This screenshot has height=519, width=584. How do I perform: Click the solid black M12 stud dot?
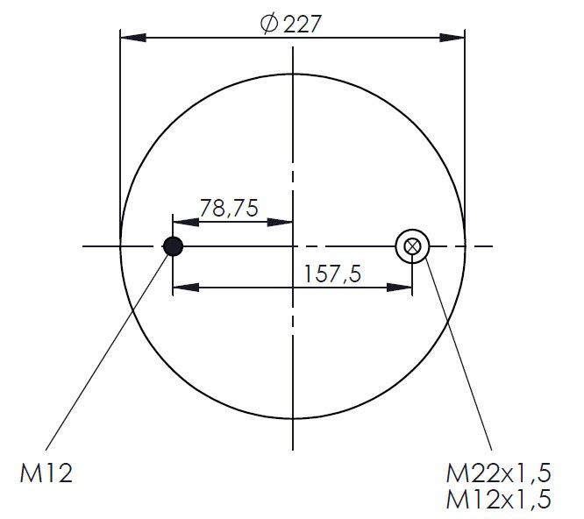pos(174,246)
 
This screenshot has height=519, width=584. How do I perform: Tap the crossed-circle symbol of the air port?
pos(412,246)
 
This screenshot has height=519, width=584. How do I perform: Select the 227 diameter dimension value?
pos(302,25)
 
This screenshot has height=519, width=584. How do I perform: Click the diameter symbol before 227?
pos(269,24)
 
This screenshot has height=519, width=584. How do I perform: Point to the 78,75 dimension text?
pos(229,208)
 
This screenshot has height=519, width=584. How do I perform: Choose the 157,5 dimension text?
pos(332,274)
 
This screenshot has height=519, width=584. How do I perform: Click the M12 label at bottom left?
pos(46,473)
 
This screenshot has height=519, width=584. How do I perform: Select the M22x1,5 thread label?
pos(498,473)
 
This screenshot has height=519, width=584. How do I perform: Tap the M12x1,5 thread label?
pos(498,499)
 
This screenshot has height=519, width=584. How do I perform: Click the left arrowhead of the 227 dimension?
pos(133,38)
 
